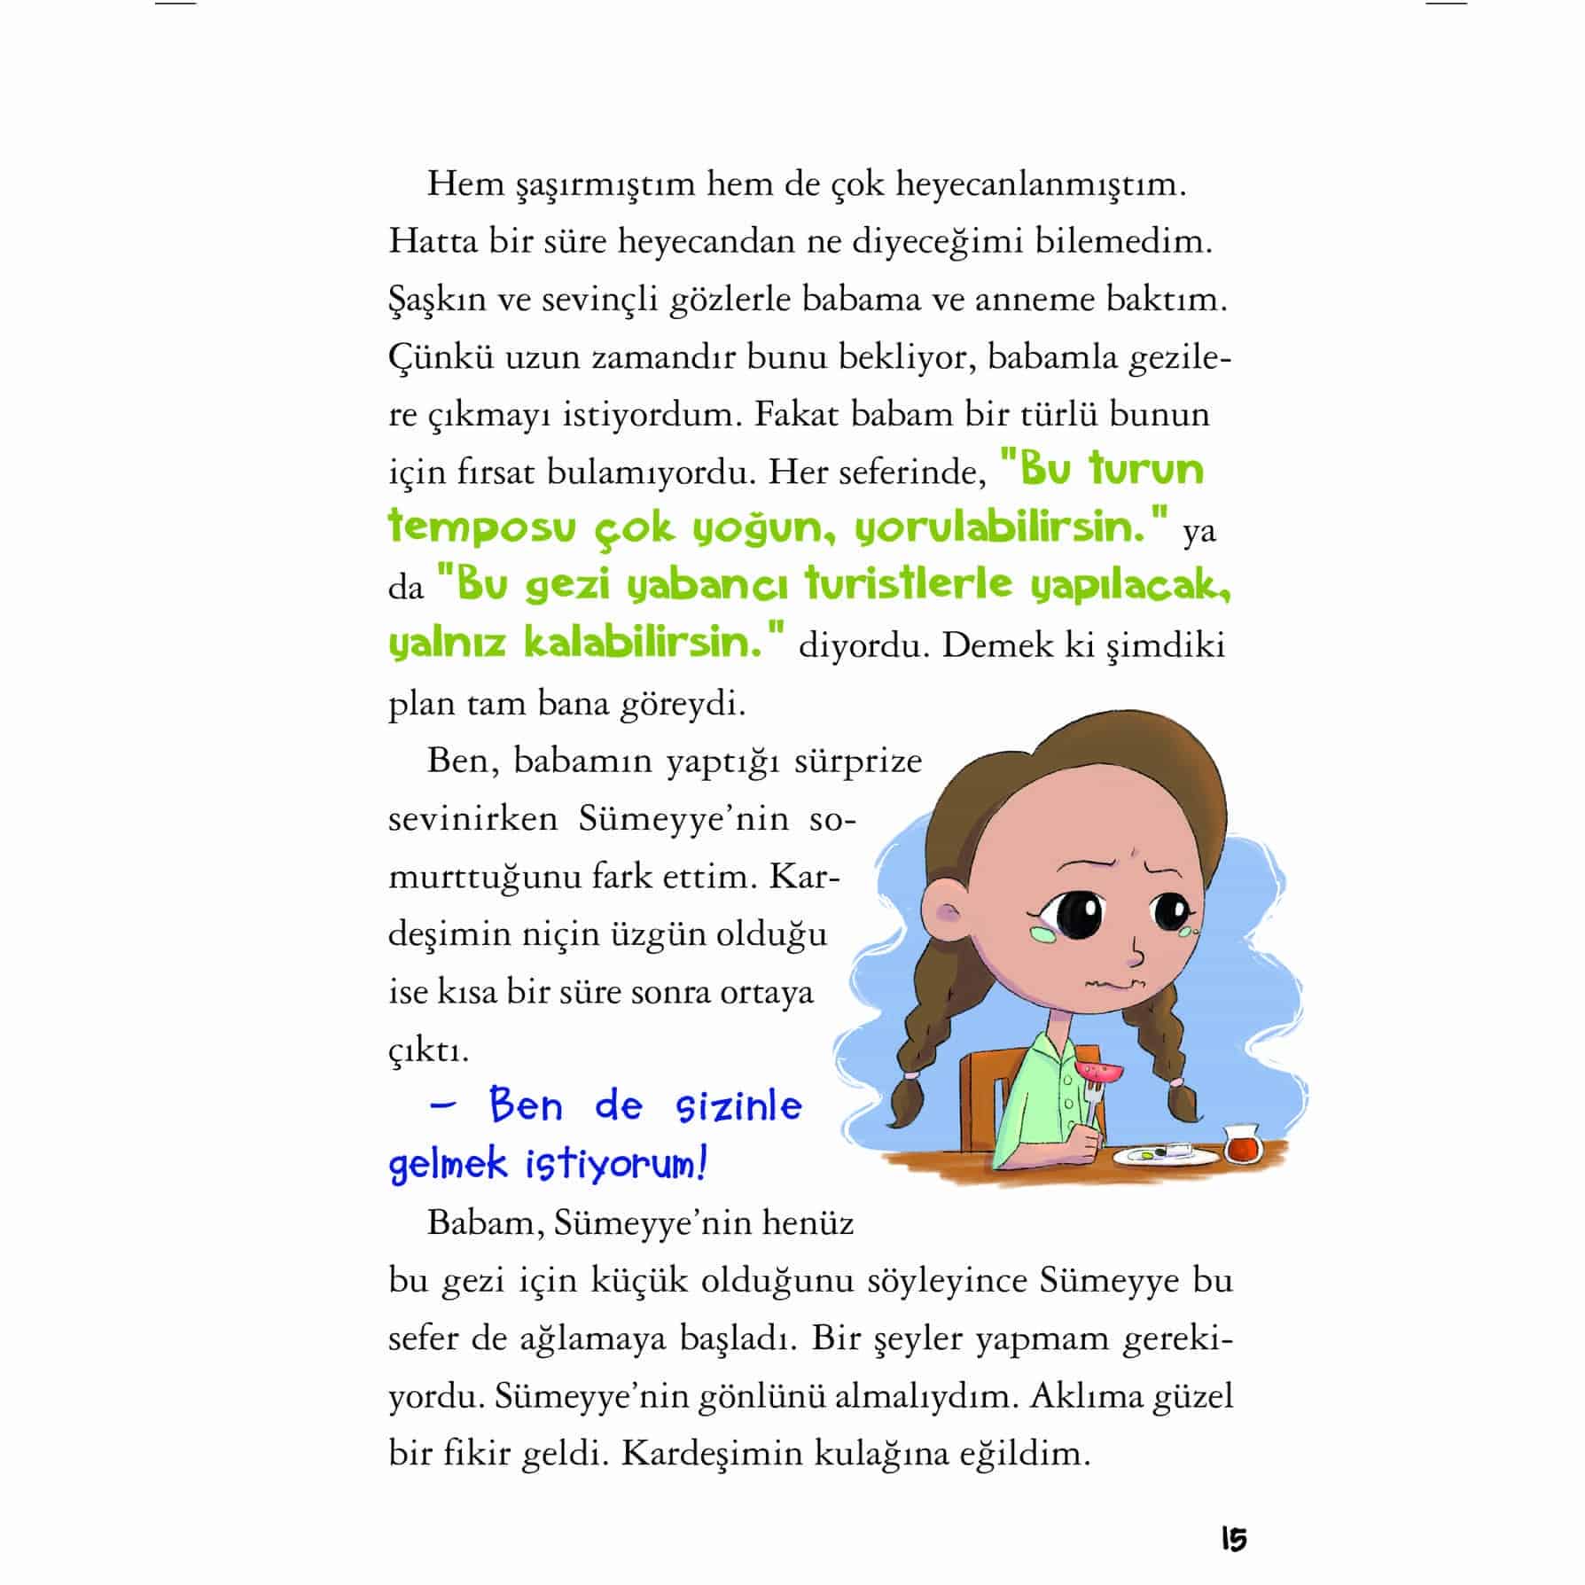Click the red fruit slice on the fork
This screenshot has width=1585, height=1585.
click(1100, 1071)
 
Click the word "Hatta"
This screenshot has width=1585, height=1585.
click(432, 242)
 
